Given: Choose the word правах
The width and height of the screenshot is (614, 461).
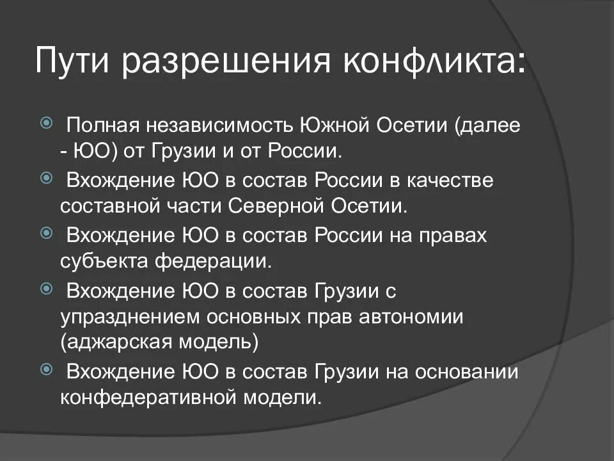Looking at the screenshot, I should (x=452, y=235).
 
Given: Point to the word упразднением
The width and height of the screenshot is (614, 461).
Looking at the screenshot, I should (x=134, y=317).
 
